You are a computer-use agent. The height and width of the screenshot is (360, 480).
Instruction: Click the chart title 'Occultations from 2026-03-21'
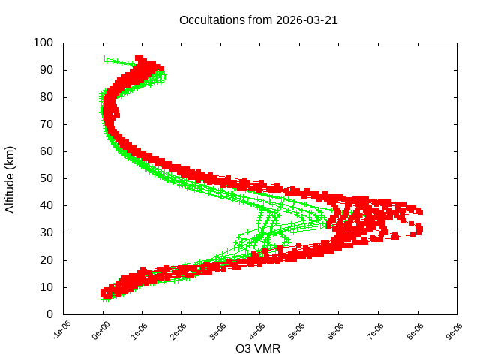[259, 20]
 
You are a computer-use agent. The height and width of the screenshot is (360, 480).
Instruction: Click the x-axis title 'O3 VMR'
[258, 349]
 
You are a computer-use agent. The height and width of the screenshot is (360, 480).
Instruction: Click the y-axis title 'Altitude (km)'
[10, 179]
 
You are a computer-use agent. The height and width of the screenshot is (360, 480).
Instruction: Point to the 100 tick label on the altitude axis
[43, 43]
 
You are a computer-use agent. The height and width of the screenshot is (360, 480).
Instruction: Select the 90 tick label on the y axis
[46, 70]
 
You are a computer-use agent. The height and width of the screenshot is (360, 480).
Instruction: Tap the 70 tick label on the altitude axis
[46, 124]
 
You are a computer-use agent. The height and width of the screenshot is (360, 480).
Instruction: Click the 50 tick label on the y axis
[46, 178]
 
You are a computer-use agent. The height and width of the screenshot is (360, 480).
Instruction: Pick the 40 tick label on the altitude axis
[46, 205]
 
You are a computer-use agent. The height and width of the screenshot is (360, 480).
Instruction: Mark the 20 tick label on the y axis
[46, 259]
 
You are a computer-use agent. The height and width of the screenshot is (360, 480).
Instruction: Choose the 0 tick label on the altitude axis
[49, 313]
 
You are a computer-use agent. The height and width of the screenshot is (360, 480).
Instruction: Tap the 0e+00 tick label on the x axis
[100, 331]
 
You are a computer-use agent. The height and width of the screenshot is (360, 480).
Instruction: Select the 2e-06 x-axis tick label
[179, 331]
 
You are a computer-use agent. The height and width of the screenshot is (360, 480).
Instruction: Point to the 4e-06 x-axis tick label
[258, 331]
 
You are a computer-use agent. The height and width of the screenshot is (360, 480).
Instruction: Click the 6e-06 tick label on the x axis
[337, 331]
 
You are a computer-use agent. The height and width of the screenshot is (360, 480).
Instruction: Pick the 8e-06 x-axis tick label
[415, 331]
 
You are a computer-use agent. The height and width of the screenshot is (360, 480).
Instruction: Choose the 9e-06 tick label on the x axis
[454, 331]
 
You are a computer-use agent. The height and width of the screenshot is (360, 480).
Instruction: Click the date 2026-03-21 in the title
[307, 20]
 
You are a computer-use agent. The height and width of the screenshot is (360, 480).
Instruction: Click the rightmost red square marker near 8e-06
[419, 228]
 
